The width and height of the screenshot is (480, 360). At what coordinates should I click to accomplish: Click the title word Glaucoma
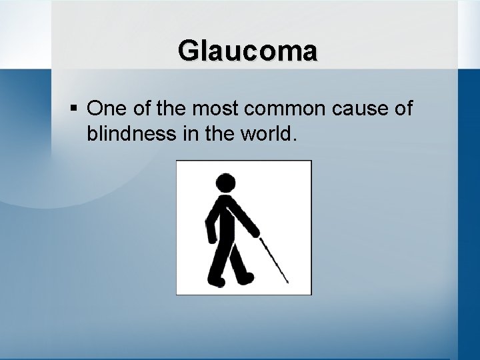click(248, 51)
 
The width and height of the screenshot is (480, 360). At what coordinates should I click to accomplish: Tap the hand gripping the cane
click(256, 232)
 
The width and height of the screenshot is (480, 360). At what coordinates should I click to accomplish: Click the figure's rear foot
click(215, 281)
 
